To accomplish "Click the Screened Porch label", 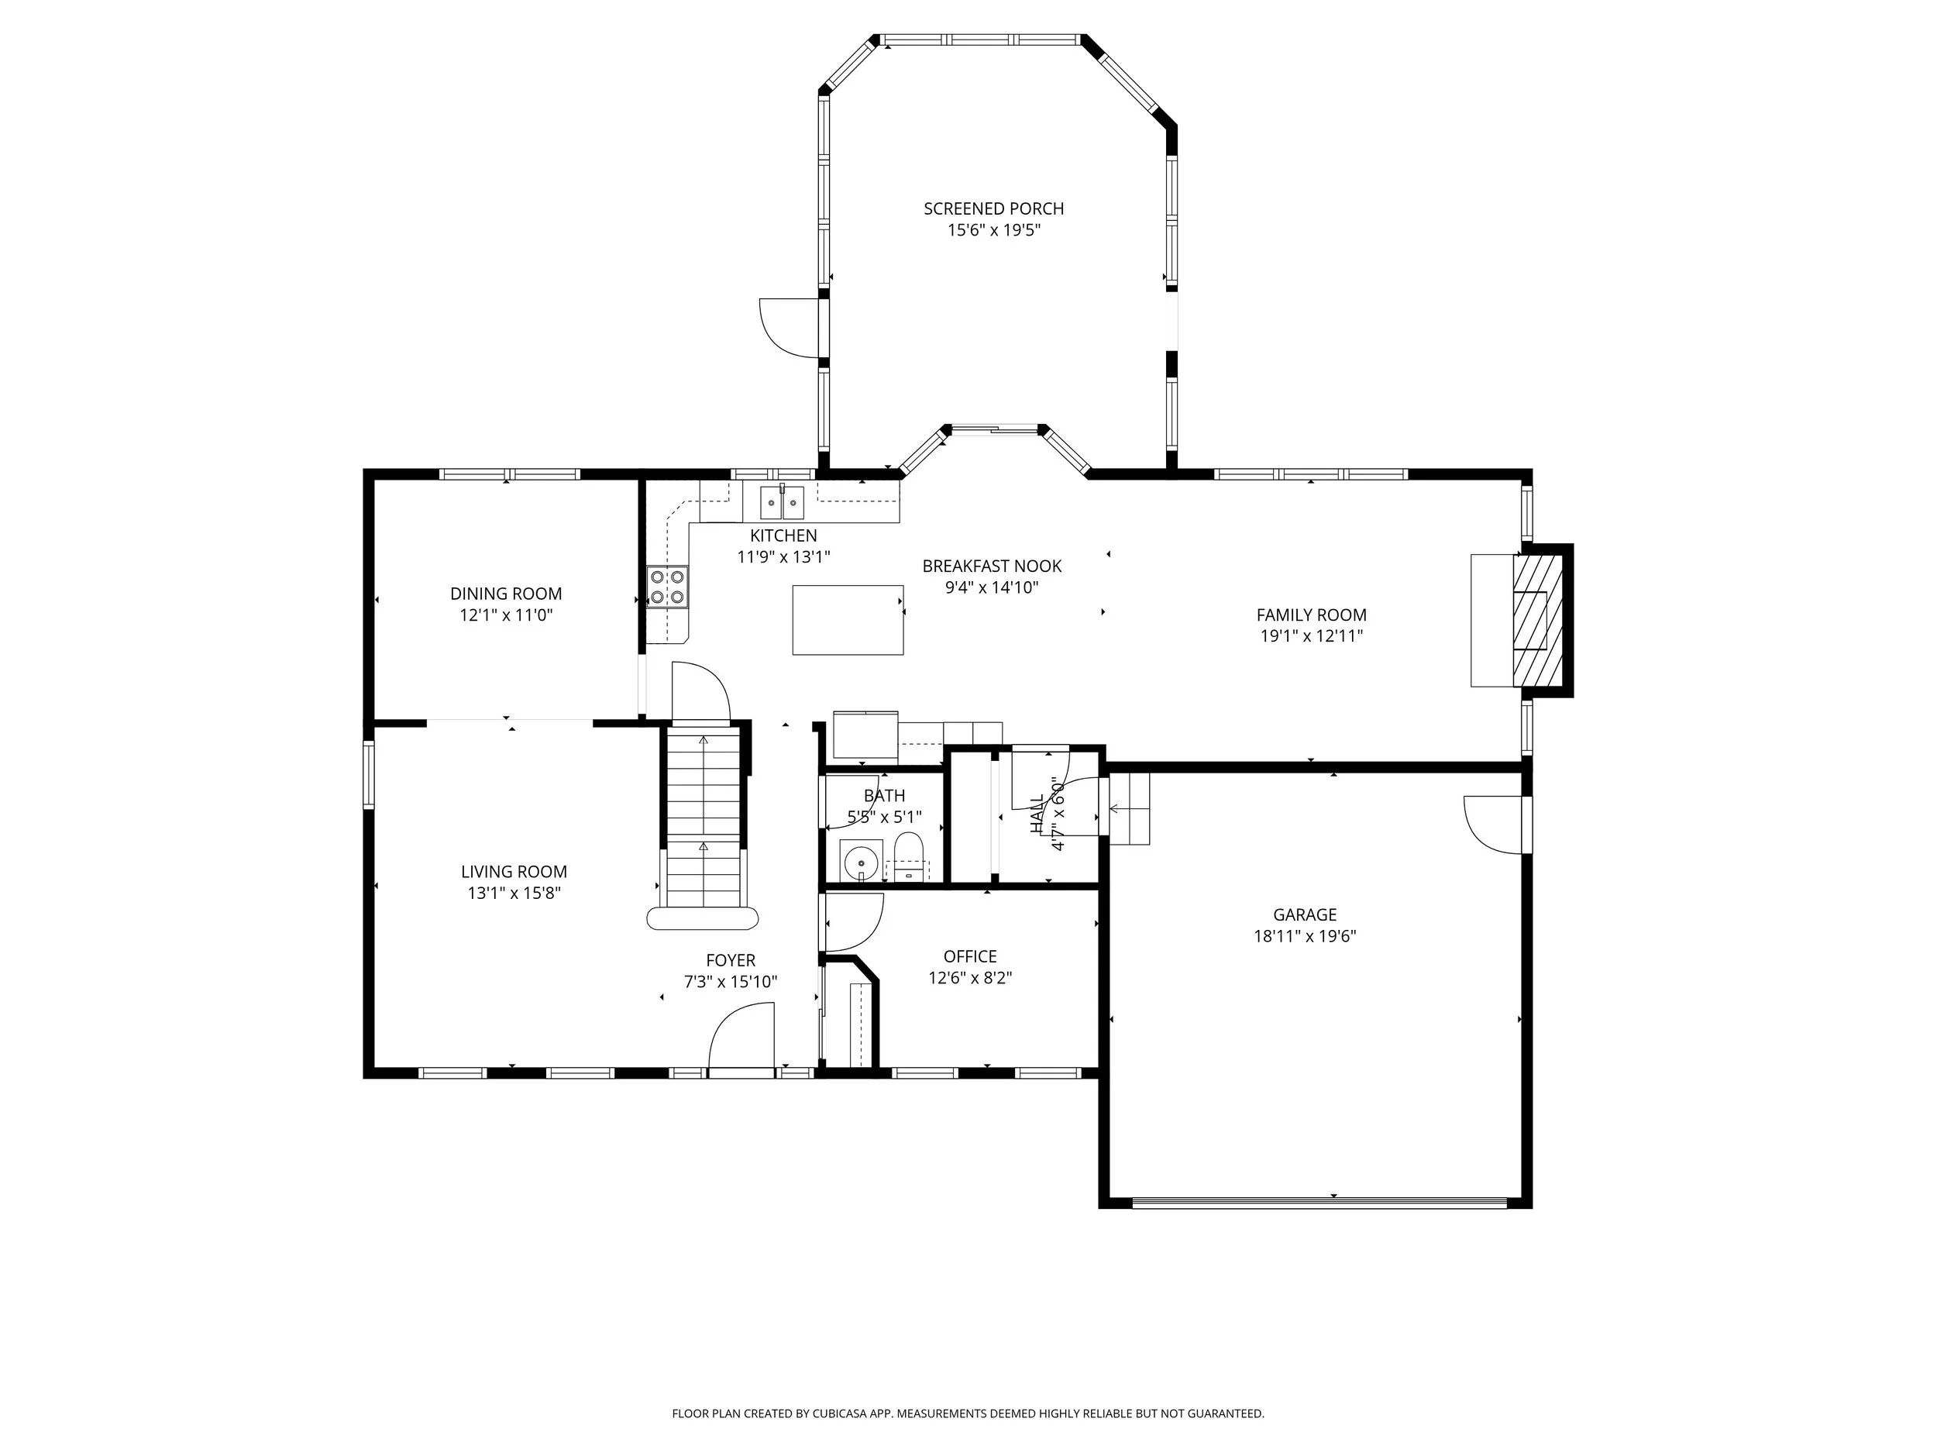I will [993, 208].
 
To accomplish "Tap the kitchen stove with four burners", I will [667, 587].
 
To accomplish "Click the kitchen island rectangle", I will [848, 620].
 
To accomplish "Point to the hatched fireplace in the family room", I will [1538, 620].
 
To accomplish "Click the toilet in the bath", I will [909, 856].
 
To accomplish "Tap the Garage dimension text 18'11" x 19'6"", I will [1304, 936].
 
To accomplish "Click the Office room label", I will [969, 956].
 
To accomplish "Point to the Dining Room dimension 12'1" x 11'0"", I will [506, 615].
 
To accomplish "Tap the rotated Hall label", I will [1037, 814].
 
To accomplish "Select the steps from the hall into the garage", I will [1129, 808].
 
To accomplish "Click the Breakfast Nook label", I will [991, 566].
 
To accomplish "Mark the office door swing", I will [852, 922].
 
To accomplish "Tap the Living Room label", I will [514, 872].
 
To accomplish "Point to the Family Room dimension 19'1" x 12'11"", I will [1311, 637].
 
